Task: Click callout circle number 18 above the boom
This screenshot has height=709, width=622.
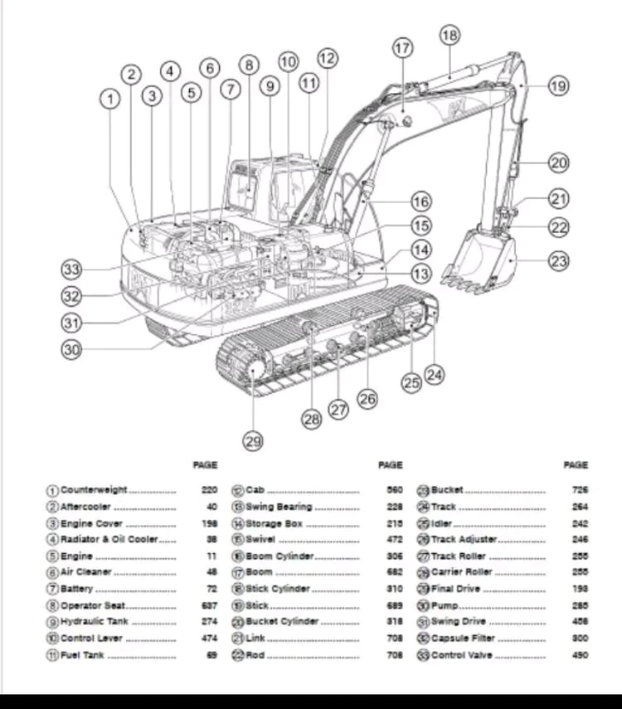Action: tap(449, 35)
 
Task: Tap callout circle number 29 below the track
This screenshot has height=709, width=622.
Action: tap(254, 442)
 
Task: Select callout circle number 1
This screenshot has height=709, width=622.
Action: tap(109, 99)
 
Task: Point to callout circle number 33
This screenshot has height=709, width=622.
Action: tap(72, 270)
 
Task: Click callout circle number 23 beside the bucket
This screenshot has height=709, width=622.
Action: tap(560, 260)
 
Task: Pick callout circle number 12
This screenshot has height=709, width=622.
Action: tap(328, 58)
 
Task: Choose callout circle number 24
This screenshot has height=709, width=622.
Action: tap(435, 375)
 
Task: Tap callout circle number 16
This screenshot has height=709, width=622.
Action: tap(421, 201)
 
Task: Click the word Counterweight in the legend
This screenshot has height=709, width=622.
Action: tap(93, 490)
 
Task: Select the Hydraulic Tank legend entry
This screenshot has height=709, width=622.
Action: tap(94, 622)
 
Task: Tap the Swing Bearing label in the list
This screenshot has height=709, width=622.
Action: tap(278, 507)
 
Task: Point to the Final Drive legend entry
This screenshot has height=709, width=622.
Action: tap(454, 589)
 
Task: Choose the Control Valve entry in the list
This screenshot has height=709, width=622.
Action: tap(461, 655)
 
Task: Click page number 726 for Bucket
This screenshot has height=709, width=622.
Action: tap(580, 490)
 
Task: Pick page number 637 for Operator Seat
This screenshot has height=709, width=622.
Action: tap(209, 605)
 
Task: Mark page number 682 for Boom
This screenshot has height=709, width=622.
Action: tap(395, 572)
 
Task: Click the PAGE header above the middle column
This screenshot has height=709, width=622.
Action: tap(390, 465)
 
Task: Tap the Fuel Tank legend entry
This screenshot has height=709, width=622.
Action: tap(84, 655)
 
